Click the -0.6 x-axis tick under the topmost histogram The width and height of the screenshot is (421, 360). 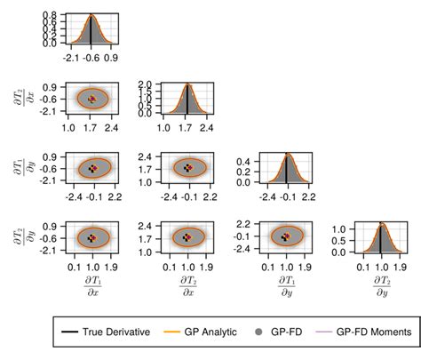click(92, 58)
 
